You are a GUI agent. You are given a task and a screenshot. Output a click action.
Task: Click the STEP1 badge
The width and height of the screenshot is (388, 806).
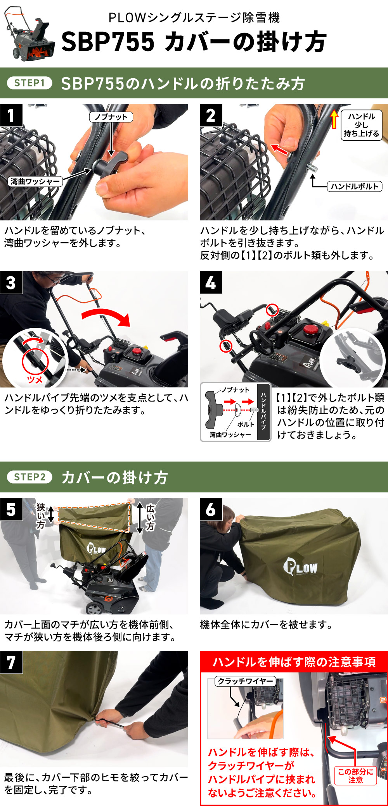pos(29,83)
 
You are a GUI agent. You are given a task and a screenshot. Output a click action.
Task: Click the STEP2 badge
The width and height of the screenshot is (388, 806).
pos(30,477)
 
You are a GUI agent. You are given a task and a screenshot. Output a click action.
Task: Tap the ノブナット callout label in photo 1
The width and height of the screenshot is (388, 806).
pos(111,117)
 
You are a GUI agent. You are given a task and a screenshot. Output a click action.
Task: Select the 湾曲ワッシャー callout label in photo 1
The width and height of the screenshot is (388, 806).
pos(35,181)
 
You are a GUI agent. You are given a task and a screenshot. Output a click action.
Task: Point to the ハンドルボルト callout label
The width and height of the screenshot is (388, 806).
pos(354,186)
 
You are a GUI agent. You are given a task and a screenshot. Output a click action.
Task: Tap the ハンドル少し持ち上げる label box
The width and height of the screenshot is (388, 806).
pos(361,125)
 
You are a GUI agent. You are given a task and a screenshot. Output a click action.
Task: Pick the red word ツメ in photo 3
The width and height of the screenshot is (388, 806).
pos(35,379)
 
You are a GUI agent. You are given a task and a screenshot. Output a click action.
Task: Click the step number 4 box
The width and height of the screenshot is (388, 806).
pos(211,282)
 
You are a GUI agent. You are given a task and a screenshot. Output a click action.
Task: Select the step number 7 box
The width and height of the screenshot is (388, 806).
pos(11,662)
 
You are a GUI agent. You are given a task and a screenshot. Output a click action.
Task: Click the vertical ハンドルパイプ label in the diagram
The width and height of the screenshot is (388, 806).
pos(264,412)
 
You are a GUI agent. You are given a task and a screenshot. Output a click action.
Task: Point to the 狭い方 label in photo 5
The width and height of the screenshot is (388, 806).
pos(41,516)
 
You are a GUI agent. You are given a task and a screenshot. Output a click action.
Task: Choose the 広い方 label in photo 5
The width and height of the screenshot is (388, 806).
pos(151,517)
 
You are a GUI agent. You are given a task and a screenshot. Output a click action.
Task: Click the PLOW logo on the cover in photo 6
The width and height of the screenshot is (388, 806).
pos(300,567)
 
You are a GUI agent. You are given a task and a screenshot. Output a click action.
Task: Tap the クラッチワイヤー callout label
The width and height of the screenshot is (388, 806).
pos(245,681)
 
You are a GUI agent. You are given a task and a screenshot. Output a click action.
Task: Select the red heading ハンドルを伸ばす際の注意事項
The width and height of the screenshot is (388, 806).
pos(294,661)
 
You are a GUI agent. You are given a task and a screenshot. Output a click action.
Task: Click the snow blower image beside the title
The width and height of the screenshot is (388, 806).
pos(29,34)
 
